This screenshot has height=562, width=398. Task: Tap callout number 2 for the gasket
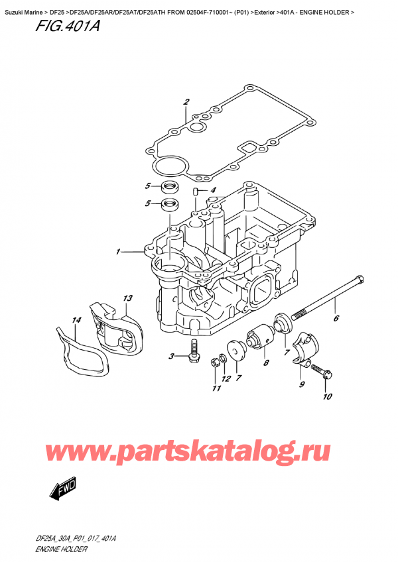click(x=186, y=102)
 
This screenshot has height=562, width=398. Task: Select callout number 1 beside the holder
click(x=117, y=252)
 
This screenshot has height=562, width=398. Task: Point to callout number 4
click(x=213, y=191)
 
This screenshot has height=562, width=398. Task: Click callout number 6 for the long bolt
click(x=336, y=319)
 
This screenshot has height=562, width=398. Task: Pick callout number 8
click(x=265, y=363)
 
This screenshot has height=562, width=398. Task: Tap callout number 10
click(x=325, y=398)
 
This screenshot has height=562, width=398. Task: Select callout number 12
click(x=225, y=379)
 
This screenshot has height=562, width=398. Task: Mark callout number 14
click(x=76, y=320)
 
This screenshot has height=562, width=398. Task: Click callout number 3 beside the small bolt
click(x=172, y=357)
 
